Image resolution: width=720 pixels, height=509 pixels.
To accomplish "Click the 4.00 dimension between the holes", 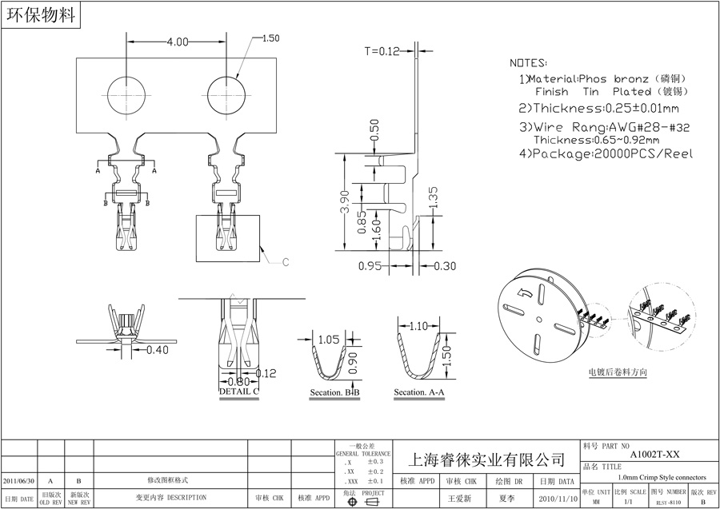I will (177, 42).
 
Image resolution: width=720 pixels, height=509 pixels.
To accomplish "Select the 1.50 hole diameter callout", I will (270, 38).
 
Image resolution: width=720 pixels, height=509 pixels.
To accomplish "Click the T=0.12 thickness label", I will (381, 51).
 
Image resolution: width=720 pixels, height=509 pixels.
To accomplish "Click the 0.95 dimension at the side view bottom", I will (369, 266).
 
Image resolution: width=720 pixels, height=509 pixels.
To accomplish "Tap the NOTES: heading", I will (529, 62).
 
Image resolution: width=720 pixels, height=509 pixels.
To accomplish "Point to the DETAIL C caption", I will (238, 392).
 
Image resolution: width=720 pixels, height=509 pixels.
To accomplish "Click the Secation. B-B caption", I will (335, 393).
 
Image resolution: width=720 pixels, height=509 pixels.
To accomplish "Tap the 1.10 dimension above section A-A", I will (418, 326).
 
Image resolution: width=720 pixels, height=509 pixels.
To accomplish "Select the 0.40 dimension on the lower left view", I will (157, 350).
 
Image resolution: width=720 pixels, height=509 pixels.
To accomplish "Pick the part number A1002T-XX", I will (654, 453).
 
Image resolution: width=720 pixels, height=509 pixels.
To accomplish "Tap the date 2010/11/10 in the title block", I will (557, 498).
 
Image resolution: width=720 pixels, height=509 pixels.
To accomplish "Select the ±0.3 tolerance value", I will (375, 462).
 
